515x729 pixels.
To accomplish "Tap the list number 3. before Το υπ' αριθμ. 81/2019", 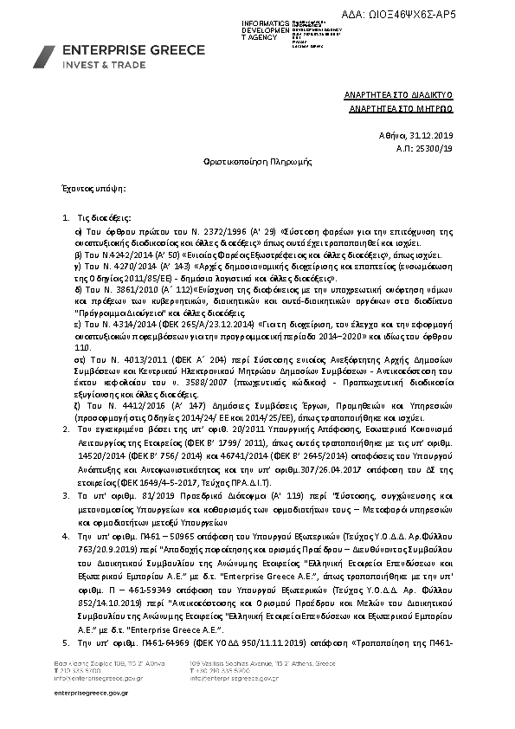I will [x=68, y=493].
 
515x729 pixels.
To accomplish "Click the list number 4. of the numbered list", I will [x=68, y=537].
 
